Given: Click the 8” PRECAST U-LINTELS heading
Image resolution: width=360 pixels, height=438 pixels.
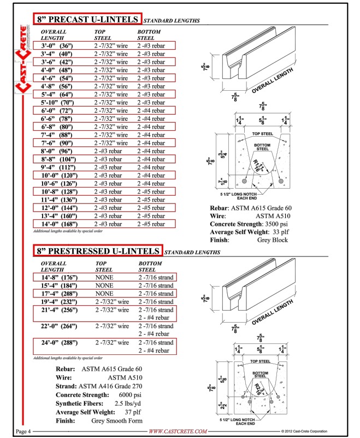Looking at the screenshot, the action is pyautogui.click(x=87, y=19).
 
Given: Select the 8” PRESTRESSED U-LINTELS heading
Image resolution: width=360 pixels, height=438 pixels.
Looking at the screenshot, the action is pyautogui.click(x=98, y=251).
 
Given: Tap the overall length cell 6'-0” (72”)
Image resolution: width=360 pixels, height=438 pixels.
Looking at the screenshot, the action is pyautogui.click(x=57, y=110).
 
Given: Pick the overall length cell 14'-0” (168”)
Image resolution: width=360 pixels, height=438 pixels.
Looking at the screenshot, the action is pyautogui.click(x=59, y=224).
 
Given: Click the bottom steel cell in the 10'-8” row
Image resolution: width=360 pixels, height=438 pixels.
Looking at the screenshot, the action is pyautogui.click(x=151, y=191).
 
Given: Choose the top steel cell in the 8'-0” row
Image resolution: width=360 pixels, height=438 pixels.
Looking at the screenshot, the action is pyautogui.click(x=108, y=151).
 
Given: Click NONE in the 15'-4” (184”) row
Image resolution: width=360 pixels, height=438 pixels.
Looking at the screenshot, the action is pyautogui.click(x=104, y=285).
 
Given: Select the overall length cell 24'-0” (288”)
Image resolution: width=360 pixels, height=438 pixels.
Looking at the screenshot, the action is pyautogui.click(x=59, y=342).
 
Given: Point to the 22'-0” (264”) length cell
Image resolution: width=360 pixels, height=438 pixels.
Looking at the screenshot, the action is pyautogui.click(x=59, y=326).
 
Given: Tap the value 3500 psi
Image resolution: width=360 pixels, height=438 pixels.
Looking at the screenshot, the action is pyautogui.click(x=276, y=224).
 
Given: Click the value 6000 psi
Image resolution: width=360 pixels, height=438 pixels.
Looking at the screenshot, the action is pyautogui.click(x=130, y=395).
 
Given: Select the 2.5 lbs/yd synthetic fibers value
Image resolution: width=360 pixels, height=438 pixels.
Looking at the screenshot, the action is pyautogui.click(x=128, y=404).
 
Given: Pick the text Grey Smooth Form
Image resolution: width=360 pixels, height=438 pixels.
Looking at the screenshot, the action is pyautogui.click(x=117, y=421).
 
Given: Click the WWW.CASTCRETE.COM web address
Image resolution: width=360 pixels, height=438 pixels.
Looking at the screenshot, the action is pyautogui.click(x=178, y=431).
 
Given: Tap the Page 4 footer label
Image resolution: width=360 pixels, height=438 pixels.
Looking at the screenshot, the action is pyautogui.click(x=23, y=431).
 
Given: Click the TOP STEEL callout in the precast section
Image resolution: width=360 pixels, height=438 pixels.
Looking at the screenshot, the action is pyautogui.click(x=263, y=134).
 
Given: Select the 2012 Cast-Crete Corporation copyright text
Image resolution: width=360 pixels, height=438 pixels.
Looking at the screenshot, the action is pyautogui.click(x=304, y=431).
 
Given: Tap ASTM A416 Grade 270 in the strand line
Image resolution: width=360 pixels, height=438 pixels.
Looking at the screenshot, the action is pyautogui.click(x=110, y=386).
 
